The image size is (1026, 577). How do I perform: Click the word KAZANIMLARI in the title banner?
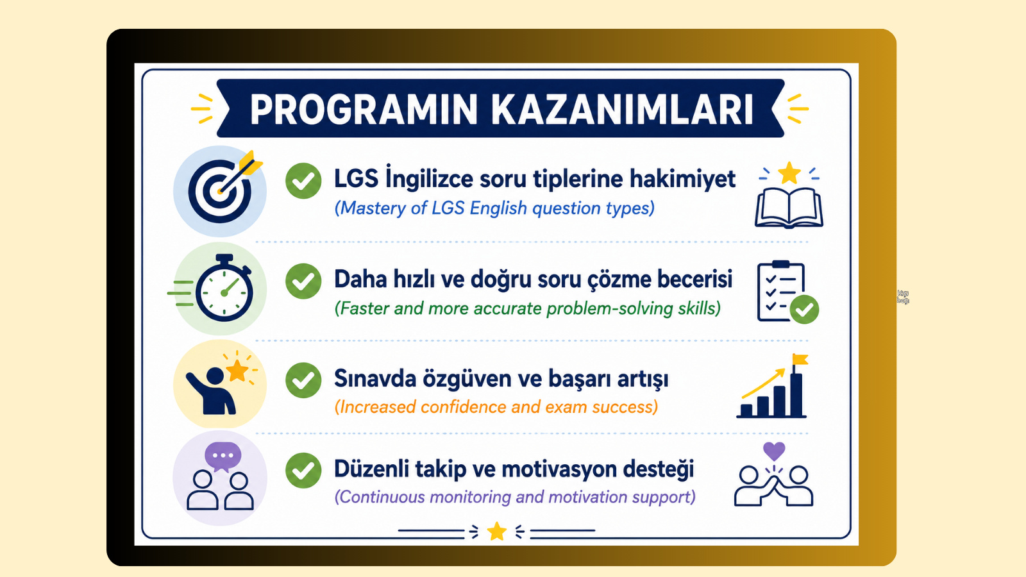tap(623, 110)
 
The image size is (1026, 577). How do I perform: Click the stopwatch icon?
tap(224, 288)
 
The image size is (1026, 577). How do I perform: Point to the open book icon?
tap(789, 208)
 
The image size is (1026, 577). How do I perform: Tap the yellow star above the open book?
tap(789, 173)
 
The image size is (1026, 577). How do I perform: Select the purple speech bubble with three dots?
tap(223, 456)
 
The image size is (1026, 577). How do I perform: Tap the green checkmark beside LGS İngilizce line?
tap(303, 181)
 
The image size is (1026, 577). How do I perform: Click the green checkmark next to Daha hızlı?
tap(303, 281)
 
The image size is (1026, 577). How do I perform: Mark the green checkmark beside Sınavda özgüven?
tap(303, 380)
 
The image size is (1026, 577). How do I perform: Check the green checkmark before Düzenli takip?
tap(303, 471)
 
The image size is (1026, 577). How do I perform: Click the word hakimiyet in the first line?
tap(682, 179)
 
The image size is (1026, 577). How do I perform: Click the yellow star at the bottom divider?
tap(496, 531)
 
